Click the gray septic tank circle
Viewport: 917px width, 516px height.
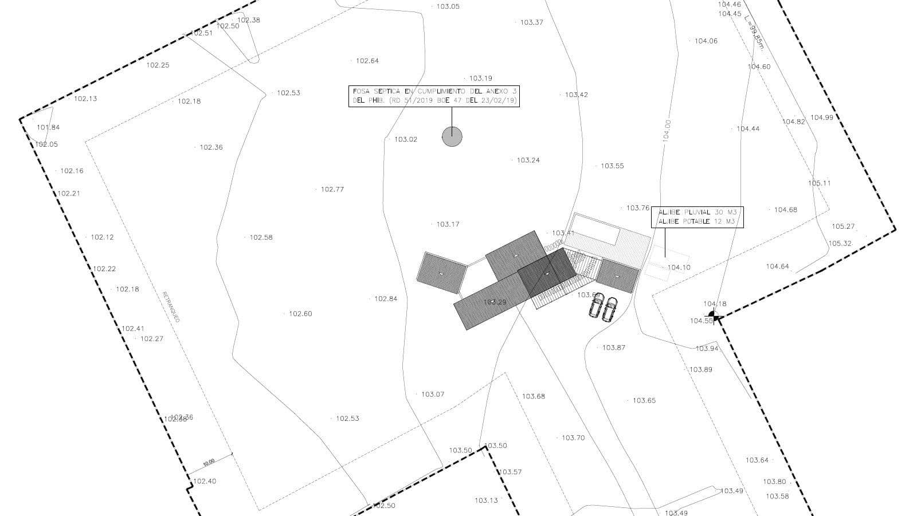click(452, 136)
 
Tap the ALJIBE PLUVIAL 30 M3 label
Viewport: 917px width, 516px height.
click(697, 212)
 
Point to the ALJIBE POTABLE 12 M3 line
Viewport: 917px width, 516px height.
click(696, 221)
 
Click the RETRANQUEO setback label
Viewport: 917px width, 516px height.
click(171, 307)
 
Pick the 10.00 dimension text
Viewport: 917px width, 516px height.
click(209, 462)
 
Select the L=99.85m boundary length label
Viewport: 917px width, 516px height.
click(754, 33)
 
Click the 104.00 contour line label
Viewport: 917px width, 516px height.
click(667, 130)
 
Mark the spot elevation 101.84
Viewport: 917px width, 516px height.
click(48, 127)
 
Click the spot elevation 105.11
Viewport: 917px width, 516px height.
click(819, 183)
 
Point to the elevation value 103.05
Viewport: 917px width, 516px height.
click(448, 6)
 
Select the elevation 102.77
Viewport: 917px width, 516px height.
click(332, 189)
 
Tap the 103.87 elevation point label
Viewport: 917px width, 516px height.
click(613, 347)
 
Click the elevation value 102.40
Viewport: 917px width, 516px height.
click(204, 481)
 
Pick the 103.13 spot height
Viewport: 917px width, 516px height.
click(486, 501)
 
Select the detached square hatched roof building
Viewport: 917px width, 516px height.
click(442, 273)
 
